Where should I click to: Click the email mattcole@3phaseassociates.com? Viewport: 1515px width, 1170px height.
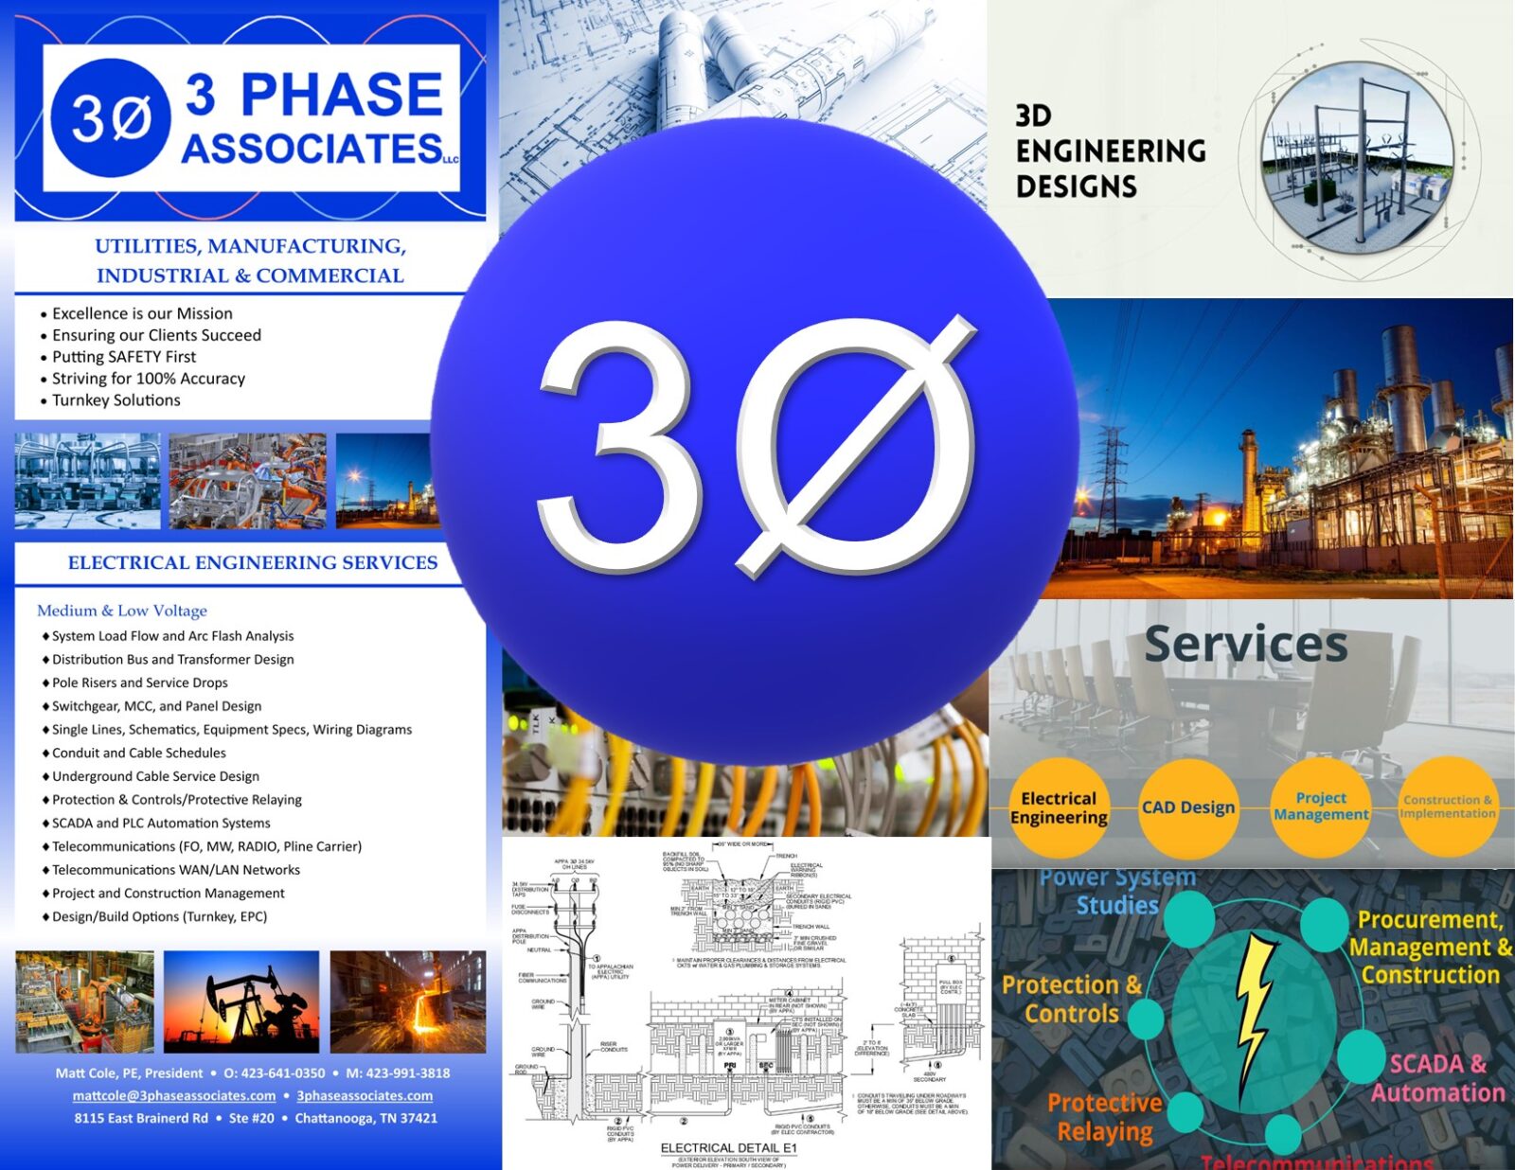[174, 1095]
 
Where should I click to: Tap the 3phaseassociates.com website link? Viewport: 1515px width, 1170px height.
[365, 1095]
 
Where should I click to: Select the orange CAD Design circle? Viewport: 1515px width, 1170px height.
[1187, 807]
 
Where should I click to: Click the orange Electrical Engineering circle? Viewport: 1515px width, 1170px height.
[1059, 807]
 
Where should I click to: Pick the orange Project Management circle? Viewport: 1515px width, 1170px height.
[1321, 807]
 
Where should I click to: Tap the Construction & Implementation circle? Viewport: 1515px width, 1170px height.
[1447, 807]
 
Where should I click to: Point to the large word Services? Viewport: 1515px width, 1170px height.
[1245, 644]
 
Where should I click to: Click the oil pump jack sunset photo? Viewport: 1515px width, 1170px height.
[241, 1002]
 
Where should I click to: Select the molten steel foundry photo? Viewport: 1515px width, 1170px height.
[407, 1002]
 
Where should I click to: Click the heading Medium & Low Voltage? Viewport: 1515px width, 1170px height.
[122, 611]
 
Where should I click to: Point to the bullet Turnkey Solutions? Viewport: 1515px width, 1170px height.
[116, 400]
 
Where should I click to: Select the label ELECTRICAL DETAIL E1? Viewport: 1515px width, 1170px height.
[728, 1147]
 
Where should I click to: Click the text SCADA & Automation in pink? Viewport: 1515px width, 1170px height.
[1437, 1078]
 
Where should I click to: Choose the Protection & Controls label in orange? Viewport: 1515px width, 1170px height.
[1072, 999]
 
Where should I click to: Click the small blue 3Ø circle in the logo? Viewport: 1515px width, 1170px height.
[111, 118]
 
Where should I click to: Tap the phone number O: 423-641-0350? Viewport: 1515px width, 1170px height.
[274, 1072]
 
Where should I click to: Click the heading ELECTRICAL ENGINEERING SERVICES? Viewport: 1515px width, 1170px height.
[252, 562]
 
